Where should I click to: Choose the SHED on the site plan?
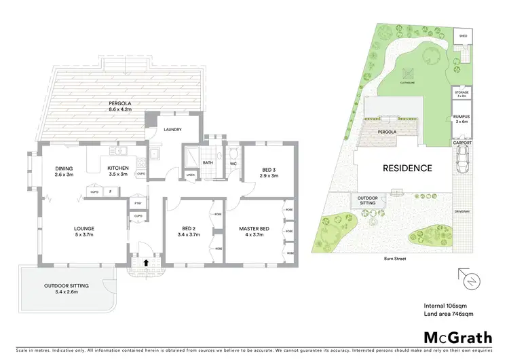pos(464,35)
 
